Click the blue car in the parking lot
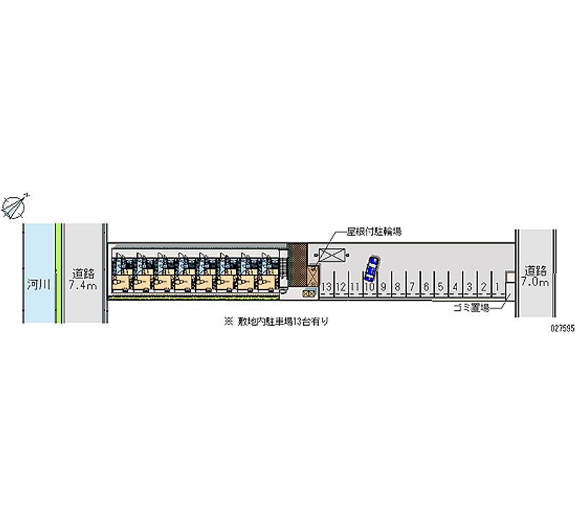(372, 268)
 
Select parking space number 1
(498, 287)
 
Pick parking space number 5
(440, 287)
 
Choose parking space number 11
(354, 287)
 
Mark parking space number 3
(469, 287)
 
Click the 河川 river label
(39, 283)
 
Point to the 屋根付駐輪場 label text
(374, 232)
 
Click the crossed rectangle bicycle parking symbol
(333, 255)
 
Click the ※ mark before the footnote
(228, 322)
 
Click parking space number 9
(383, 287)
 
